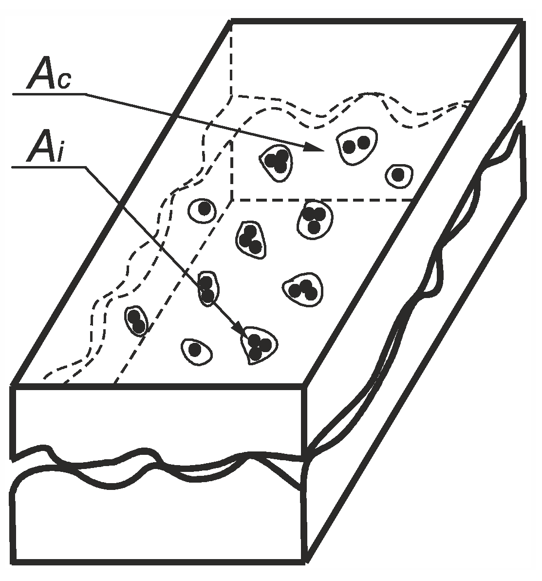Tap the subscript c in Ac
tap(64, 80)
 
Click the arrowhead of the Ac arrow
tap(315, 147)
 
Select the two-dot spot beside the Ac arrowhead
tap(356, 144)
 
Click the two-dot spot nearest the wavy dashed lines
tap(136, 320)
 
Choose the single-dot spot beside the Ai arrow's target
tap(196, 349)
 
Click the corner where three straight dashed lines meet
tap(232, 200)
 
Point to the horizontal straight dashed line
tap(321, 200)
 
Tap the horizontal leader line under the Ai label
tap(49, 167)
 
